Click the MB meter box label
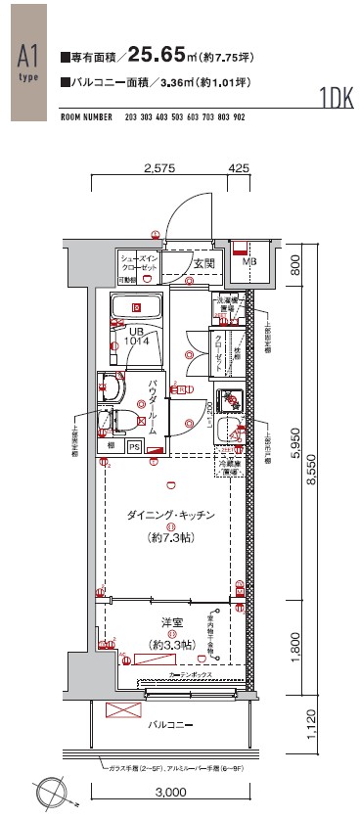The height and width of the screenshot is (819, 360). (x=248, y=262)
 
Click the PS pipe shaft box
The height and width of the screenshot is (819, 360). (x=134, y=446)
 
